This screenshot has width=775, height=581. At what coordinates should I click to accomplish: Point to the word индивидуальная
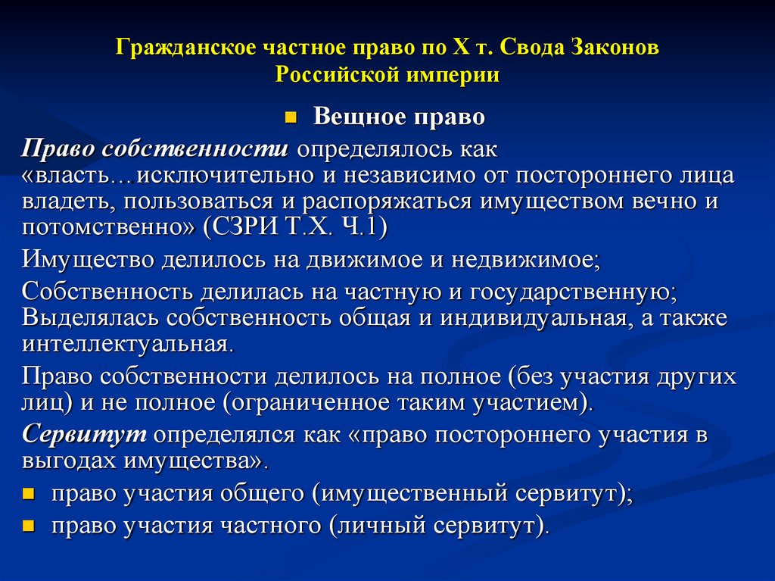(x=531, y=318)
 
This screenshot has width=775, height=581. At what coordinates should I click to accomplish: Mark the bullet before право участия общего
(x=29, y=495)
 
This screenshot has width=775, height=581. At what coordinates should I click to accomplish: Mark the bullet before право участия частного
(x=29, y=525)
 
